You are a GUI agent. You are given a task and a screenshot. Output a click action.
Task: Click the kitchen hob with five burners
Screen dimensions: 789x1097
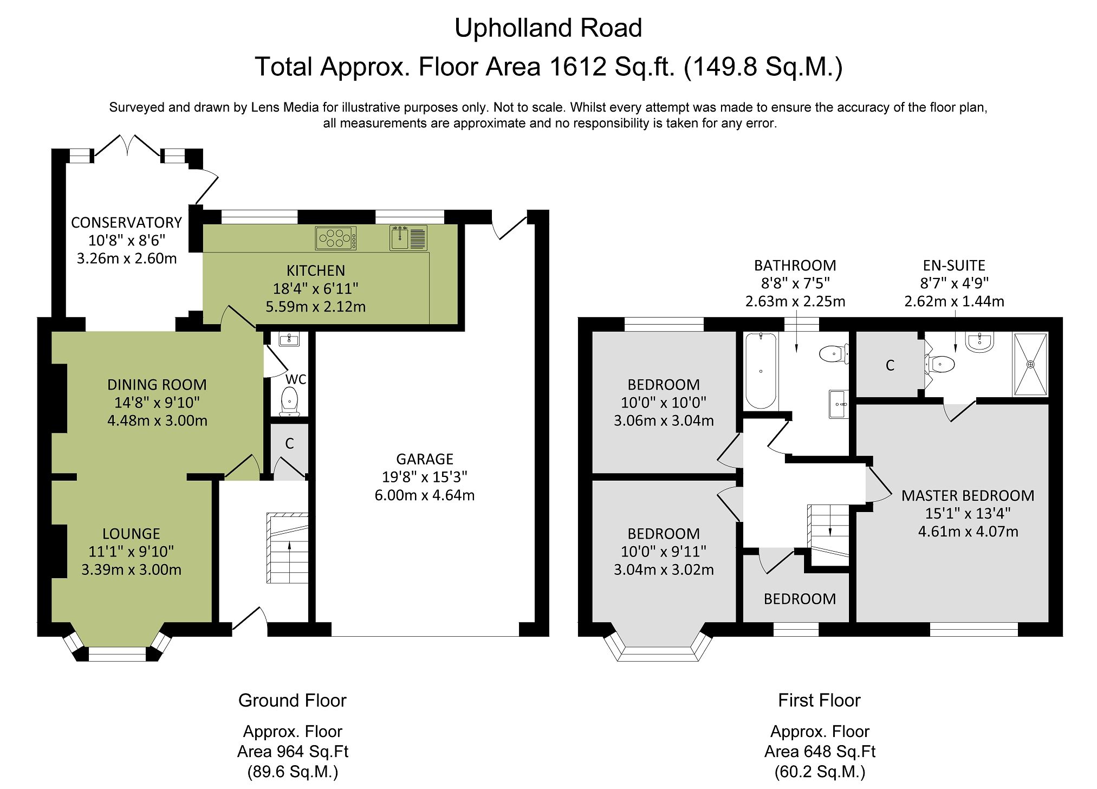click(x=336, y=238)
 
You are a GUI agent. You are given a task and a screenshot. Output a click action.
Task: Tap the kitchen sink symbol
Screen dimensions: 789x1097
click(x=408, y=238)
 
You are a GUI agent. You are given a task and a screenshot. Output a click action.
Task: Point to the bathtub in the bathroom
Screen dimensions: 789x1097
click(x=761, y=371)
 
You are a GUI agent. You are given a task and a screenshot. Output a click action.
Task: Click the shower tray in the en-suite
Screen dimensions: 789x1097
click(x=1030, y=364)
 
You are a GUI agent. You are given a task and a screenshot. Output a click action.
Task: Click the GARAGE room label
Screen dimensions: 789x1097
click(x=425, y=459)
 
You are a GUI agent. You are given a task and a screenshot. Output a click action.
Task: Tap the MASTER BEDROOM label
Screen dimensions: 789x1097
click(x=968, y=495)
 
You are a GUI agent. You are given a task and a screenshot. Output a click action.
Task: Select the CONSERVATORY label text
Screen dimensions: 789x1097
click(x=126, y=223)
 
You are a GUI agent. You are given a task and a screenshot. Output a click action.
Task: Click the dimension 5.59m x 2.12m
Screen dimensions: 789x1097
click(x=315, y=307)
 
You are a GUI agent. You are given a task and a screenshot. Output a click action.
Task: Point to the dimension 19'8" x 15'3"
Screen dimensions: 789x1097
click(x=425, y=477)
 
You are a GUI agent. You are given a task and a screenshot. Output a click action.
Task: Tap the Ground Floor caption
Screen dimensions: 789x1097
click(x=292, y=700)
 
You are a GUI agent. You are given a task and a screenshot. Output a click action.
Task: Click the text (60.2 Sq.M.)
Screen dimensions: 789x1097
click(x=820, y=771)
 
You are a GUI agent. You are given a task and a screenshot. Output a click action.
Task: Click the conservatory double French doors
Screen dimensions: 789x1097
click(x=128, y=145)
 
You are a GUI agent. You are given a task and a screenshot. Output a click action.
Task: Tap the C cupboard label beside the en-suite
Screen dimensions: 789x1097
click(x=890, y=366)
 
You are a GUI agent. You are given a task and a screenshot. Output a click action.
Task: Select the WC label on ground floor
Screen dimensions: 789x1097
click(x=296, y=379)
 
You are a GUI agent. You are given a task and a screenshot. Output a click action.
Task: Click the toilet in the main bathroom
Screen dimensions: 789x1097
click(x=832, y=354)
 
